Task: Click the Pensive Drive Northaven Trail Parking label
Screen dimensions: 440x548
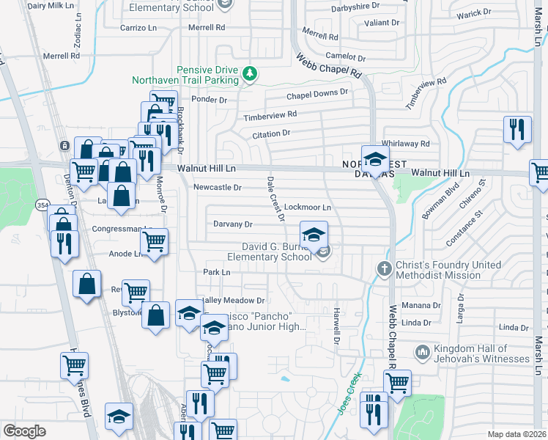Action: (186, 74)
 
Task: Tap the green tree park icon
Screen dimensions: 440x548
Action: (251, 73)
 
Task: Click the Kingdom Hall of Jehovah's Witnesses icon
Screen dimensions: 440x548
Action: (421, 353)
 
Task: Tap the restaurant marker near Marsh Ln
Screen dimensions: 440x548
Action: (518, 129)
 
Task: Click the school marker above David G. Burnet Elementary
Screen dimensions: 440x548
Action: (314, 235)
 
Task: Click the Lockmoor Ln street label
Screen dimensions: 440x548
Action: (308, 208)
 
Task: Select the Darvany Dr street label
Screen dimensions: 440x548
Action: (232, 224)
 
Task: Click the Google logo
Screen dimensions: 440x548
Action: (24, 431)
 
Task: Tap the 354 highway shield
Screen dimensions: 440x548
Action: (44, 206)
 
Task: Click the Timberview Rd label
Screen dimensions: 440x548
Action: (270, 115)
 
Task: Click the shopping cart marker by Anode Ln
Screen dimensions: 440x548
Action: (155, 241)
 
